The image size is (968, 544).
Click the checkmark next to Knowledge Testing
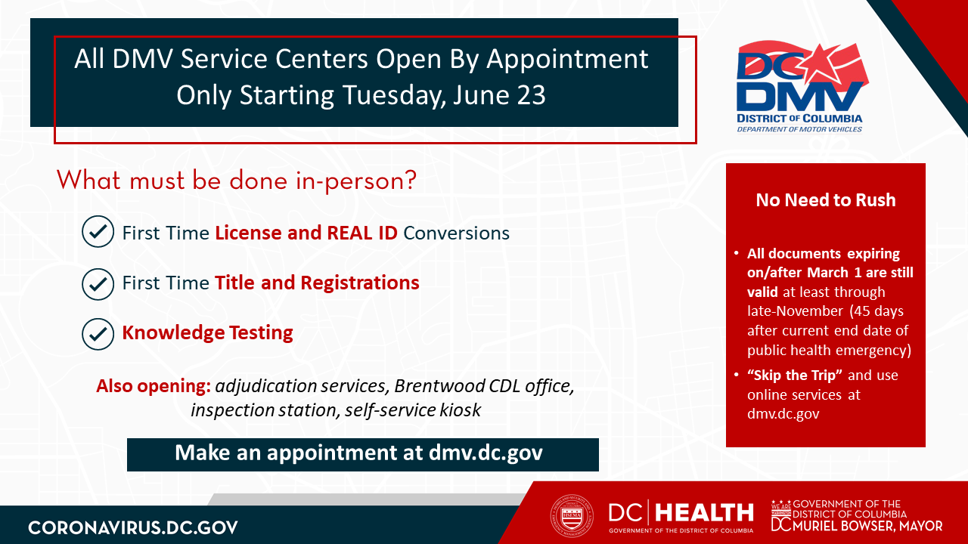tap(98, 334)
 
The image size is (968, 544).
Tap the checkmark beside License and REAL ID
tap(98, 231)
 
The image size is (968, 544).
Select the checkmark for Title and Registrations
tap(98, 283)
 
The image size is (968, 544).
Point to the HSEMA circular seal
tap(571, 515)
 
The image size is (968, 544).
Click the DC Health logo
tap(681, 516)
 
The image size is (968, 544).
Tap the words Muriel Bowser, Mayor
tap(867, 526)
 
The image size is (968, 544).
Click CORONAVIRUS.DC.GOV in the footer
tap(133, 527)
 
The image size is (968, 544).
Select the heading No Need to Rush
tap(826, 200)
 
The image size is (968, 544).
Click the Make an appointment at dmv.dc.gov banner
tap(363, 455)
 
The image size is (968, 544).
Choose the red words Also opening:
tap(154, 386)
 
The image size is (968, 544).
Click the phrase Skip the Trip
tap(795, 376)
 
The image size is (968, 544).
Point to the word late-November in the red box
tap(795, 311)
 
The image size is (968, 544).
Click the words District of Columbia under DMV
tap(799, 119)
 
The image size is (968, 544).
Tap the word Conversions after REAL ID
tap(456, 233)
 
